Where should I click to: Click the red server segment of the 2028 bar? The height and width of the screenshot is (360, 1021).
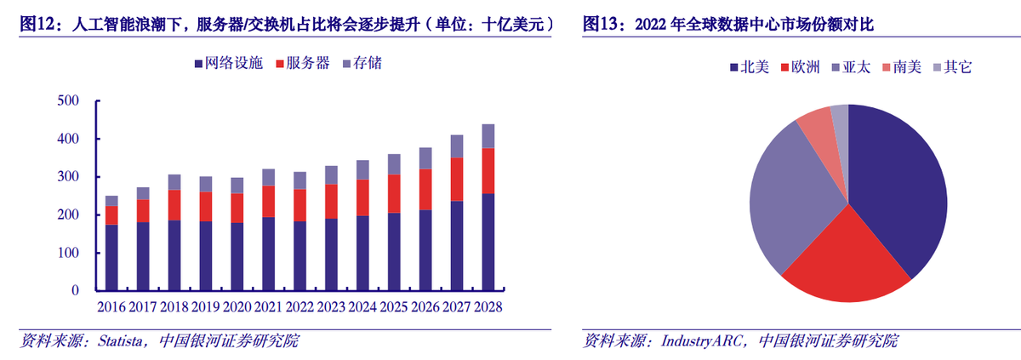(x=488, y=170)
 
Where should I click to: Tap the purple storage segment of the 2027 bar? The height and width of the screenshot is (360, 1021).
(x=457, y=146)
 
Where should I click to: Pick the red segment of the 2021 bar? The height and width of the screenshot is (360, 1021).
(x=269, y=201)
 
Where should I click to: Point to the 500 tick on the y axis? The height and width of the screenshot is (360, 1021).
(x=67, y=101)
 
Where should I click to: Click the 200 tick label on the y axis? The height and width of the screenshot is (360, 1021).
(x=67, y=215)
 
